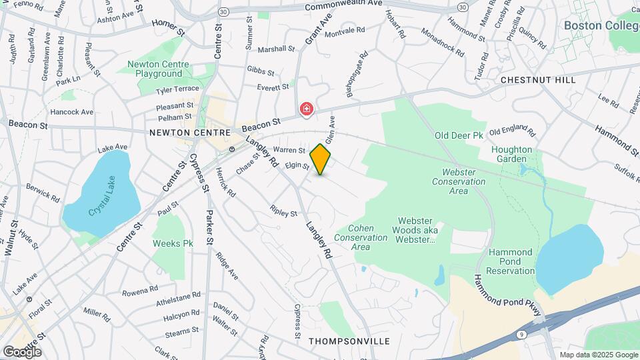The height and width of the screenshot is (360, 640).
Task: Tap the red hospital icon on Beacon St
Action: pos(306,109)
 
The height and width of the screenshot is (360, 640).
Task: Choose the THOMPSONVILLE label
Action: pos(349,341)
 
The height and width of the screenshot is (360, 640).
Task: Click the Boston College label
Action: pos(601,25)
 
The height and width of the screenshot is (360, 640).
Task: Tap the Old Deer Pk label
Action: pos(459,135)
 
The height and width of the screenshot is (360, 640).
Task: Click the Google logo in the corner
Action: pos(22,351)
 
